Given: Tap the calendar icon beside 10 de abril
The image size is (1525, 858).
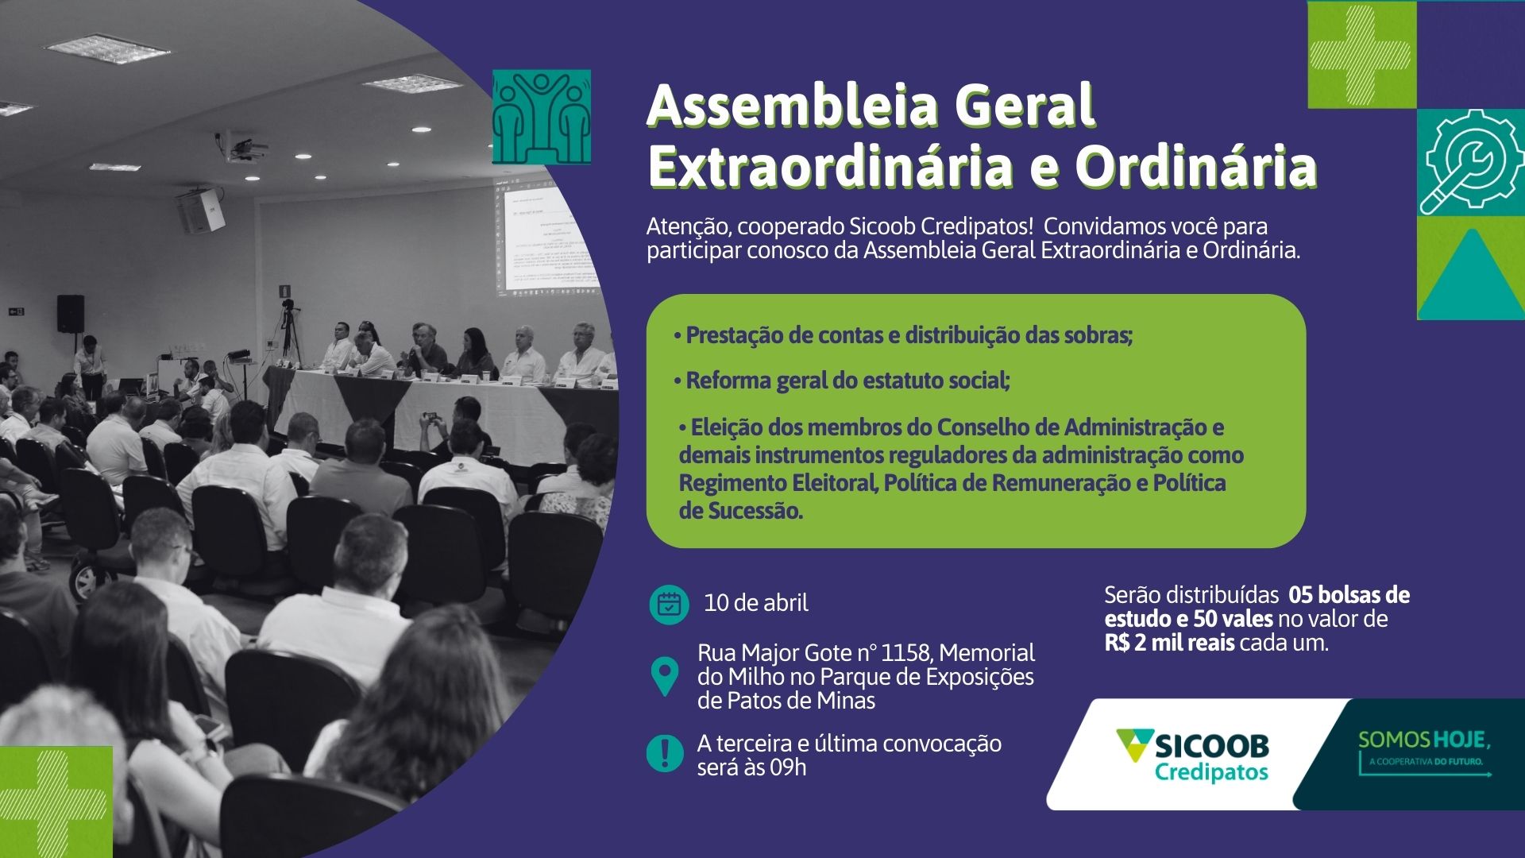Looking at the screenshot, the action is coord(669,605).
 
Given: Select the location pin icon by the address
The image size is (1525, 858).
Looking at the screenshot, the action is coord(664,677).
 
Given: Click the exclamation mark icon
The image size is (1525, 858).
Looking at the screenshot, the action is coord(665,752).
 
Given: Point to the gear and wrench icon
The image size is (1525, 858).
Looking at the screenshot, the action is coord(1470,161).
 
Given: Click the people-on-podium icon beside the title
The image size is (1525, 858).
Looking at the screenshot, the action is coord(542,117).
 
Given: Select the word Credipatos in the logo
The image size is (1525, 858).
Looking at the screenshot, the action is coord(1211,772).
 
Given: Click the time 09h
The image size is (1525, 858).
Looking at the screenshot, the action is coord(788,767).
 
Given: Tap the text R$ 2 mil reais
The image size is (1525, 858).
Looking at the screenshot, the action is coord(1169,643).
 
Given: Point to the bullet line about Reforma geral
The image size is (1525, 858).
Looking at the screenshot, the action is coord(842,381).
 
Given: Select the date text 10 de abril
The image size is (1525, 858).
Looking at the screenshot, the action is coord(756,603).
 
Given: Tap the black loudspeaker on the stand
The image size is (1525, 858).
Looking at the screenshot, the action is coord(71,313).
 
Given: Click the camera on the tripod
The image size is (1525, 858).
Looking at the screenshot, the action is coord(288,306).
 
